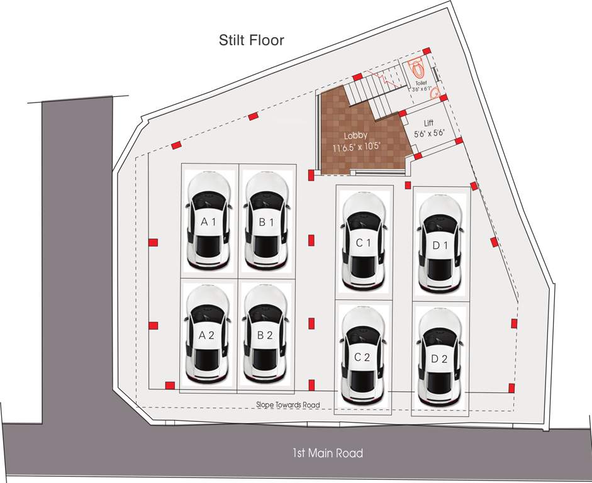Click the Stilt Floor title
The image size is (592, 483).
point(252,40)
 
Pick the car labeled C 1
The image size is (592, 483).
point(364,242)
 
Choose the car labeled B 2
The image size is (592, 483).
point(265,335)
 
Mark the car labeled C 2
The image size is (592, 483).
point(363,357)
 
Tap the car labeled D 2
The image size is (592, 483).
point(440,359)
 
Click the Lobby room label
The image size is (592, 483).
point(355,136)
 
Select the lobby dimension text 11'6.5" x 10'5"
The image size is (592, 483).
point(357,148)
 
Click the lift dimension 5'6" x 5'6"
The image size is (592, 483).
point(430,133)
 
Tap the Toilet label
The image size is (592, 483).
point(421,83)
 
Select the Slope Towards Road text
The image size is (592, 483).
point(288,405)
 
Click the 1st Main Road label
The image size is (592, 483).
point(327,453)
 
